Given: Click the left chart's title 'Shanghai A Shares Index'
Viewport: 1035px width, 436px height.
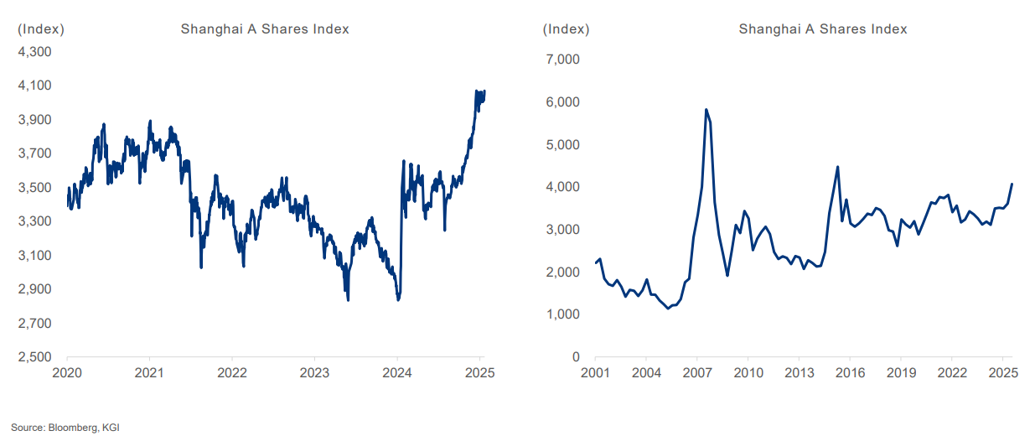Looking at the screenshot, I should [265, 29].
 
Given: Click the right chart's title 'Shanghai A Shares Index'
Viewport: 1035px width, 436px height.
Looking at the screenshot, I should [823, 29].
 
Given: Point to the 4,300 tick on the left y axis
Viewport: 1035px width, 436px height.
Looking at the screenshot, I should [34, 52].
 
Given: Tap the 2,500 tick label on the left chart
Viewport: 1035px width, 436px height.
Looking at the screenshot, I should [34, 357].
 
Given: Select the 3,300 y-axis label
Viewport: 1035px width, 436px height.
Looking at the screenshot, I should [34, 221].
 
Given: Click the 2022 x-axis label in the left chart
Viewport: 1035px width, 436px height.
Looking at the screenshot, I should [231, 372].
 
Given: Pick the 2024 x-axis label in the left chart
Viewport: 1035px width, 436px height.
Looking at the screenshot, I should [397, 372].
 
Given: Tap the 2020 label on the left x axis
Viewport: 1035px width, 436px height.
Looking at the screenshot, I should [66, 372].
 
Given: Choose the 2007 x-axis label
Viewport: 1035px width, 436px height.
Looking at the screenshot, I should [696, 372].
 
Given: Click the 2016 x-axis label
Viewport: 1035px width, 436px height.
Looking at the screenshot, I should [850, 372].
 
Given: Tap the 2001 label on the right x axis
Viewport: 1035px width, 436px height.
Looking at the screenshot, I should [595, 372].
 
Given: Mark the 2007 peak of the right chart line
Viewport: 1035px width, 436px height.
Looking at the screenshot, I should [706, 110].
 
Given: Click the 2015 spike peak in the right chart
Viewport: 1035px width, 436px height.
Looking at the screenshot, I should [837, 167].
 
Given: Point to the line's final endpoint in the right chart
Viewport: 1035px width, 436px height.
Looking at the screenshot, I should [1012, 184].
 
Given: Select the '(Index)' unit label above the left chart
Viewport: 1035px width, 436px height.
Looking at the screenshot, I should [41, 29].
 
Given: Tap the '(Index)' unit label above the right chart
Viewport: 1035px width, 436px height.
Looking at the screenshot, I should [567, 29].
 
